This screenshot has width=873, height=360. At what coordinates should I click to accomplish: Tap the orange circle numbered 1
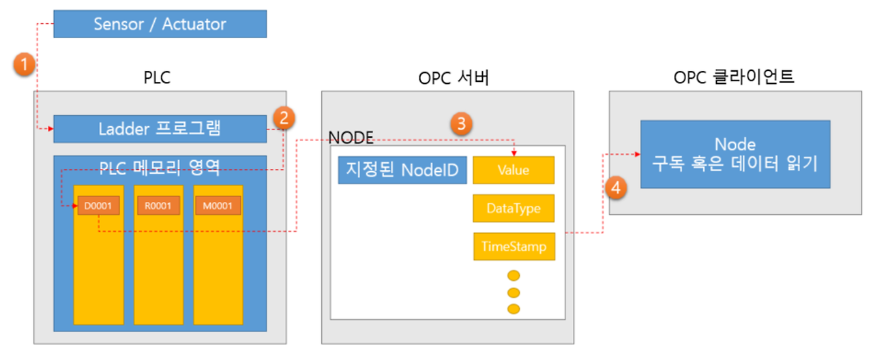click(23, 65)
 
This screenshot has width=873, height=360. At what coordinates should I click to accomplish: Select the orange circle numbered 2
click(283, 118)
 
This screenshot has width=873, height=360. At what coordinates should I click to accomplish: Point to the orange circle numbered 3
click(461, 123)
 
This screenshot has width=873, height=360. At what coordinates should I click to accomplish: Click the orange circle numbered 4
click(616, 188)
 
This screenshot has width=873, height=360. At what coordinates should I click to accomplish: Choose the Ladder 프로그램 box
click(160, 128)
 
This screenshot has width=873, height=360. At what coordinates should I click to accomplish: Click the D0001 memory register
click(98, 205)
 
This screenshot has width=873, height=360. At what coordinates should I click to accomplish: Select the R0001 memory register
click(158, 205)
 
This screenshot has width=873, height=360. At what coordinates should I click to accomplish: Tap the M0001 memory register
click(218, 205)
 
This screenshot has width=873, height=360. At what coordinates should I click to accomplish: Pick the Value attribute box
click(514, 170)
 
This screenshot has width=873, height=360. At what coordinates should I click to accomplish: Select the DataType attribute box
click(514, 208)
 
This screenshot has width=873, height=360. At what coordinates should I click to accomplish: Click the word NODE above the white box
click(351, 138)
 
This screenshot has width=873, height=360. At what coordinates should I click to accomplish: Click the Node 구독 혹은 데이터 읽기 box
click(735, 154)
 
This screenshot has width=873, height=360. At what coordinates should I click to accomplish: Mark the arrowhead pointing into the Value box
click(514, 153)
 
